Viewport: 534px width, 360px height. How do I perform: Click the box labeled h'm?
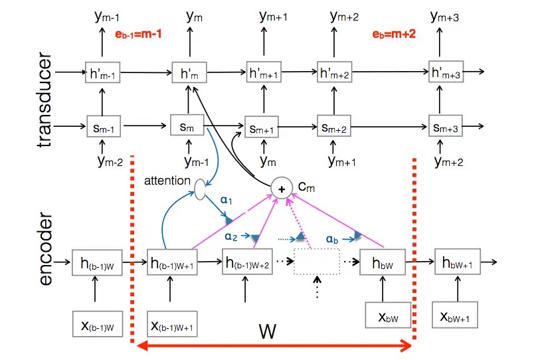(185, 73)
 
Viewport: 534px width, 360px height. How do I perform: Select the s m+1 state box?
(260, 128)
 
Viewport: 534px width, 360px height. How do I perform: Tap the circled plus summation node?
(282, 189)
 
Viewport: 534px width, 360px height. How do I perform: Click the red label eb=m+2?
(393, 33)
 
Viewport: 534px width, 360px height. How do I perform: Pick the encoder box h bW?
(377, 264)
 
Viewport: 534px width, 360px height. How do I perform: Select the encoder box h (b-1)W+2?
(247, 264)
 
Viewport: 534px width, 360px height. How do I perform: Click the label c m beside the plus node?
(305, 188)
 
